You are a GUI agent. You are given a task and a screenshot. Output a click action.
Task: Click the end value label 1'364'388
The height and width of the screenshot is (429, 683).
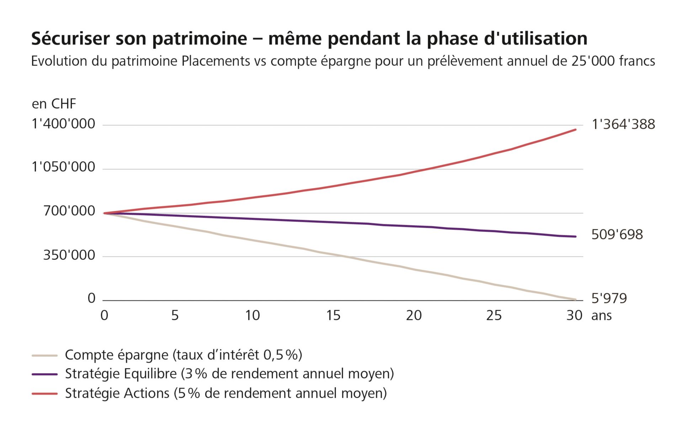click(623, 124)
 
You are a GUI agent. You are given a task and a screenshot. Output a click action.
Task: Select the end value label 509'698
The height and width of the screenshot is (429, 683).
click(617, 235)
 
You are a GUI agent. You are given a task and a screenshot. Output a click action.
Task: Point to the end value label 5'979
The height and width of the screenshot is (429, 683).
click(609, 298)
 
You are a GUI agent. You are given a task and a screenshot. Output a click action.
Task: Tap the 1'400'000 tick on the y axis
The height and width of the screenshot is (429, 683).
click(63, 124)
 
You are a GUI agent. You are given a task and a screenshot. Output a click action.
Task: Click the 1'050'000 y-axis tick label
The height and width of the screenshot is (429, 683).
click(63, 167)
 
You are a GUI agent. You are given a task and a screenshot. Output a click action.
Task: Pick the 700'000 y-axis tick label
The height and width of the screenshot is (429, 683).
click(69, 211)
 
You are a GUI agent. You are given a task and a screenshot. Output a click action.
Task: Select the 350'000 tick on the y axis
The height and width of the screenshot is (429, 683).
click(69, 255)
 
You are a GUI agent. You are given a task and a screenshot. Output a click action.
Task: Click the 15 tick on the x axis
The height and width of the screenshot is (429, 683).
click(333, 315)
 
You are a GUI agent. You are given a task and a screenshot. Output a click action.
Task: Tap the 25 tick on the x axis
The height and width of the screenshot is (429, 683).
click(494, 315)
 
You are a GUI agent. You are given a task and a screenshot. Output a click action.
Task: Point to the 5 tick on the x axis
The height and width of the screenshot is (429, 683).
click(175, 315)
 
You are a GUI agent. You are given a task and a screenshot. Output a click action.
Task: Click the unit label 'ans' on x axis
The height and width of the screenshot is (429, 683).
click(602, 315)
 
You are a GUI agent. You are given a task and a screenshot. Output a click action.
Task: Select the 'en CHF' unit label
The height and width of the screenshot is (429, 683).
click(54, 104)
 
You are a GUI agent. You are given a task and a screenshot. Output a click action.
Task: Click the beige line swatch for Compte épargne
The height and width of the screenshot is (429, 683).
click(44, 355)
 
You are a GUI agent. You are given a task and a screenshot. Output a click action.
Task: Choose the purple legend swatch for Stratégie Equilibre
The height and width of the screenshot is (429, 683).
click(44, 374)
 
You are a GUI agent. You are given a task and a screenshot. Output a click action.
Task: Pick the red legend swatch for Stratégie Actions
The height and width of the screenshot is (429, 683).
click(44, 393)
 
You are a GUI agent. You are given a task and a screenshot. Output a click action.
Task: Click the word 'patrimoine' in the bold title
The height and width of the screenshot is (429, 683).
click(200, 38)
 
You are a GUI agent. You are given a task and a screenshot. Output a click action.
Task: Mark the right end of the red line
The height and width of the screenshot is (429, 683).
click(575, 130)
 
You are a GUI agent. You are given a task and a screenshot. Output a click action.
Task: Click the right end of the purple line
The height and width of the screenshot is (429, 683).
click(575, 236)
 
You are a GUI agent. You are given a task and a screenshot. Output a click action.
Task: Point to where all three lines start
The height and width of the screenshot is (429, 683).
click(104, 213)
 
